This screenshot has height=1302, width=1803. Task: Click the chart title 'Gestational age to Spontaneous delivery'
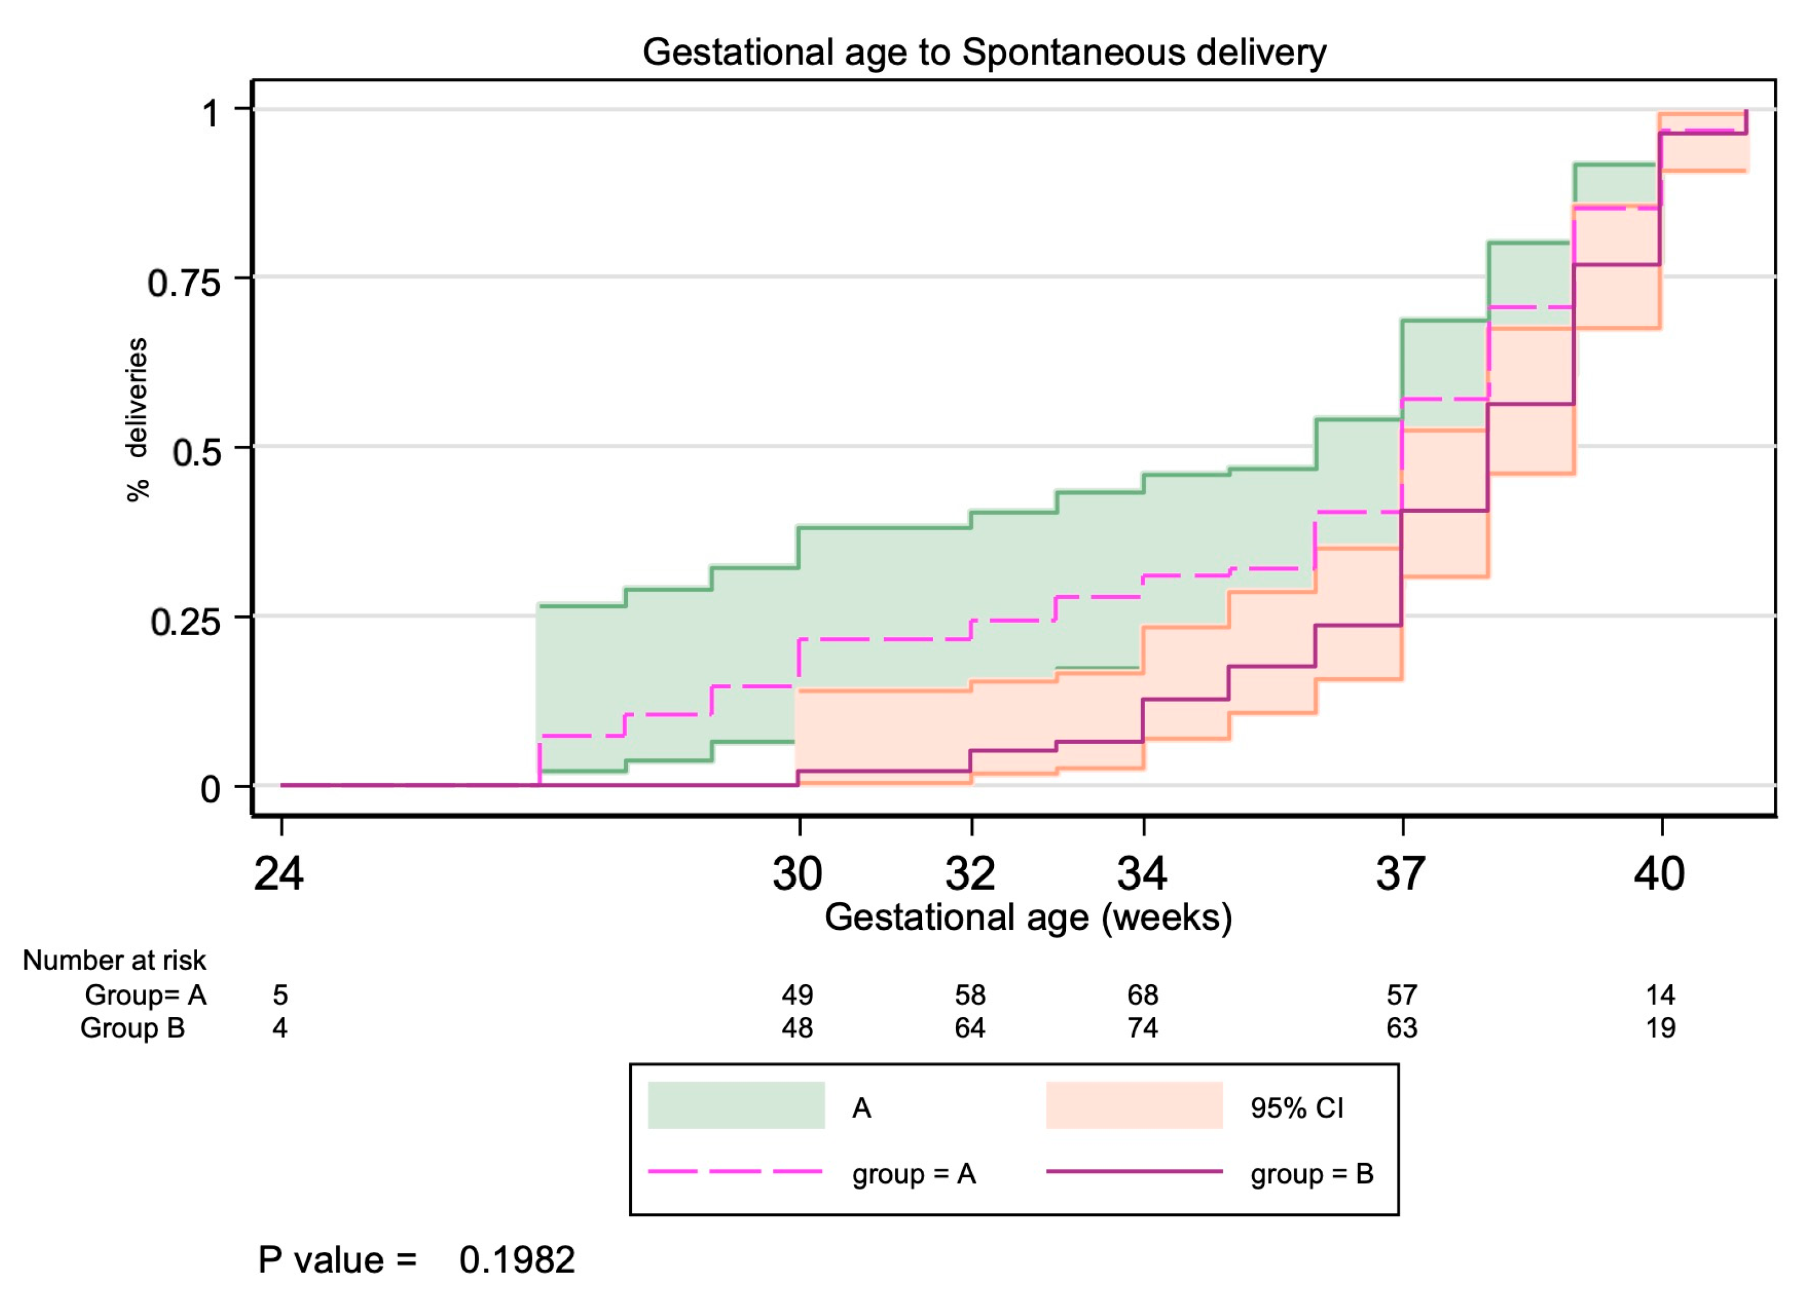984,53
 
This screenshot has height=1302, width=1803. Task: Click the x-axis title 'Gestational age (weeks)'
1028,917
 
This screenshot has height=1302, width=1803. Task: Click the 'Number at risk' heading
114,960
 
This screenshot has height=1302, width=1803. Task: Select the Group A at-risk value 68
1142,994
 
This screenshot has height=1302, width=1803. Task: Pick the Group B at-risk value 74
1142,1028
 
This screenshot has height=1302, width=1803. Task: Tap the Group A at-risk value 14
1660,994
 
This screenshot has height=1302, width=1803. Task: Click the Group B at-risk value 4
280,1028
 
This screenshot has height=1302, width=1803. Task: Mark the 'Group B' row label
132,1028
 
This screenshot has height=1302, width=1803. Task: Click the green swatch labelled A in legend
736,1105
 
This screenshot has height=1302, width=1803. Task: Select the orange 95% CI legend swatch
1134,1105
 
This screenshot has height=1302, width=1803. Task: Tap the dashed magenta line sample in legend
736,1172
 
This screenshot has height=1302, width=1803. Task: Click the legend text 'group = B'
1312,1173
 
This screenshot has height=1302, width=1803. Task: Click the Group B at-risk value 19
1660,1028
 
